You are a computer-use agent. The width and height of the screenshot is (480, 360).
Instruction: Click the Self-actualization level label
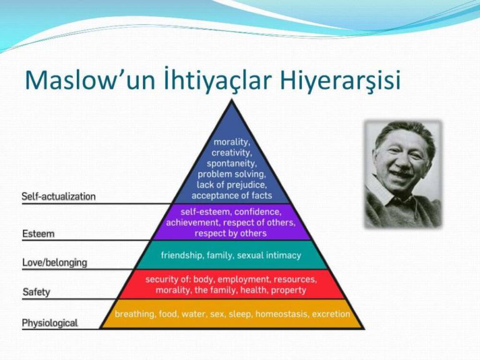59,196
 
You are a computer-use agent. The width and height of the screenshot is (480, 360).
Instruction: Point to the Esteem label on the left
39,234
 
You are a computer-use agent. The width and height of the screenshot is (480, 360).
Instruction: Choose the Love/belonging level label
55,262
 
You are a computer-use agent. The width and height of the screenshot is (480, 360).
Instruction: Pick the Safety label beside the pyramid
36,291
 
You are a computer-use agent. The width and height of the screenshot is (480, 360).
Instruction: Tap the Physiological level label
50,323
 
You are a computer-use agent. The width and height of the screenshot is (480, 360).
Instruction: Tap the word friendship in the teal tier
182,255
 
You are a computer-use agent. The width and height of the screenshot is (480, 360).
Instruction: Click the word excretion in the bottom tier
331,314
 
